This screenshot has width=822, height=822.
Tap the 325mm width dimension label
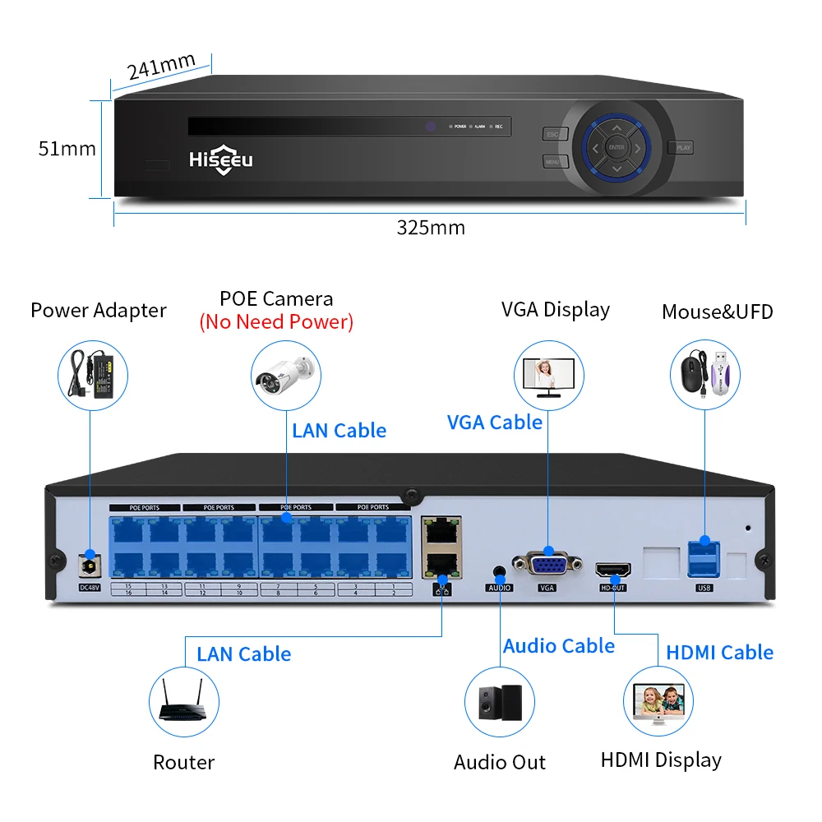pyautogui.click(x=431, y=228)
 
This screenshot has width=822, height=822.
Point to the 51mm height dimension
pyautogui.click(x=67, y=149)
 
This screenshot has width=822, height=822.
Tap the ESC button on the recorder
pyautogui.click(x=554, y=135)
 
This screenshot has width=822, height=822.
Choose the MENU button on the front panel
pyautogui.click(x=554, y=161)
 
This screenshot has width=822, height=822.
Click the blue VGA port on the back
pyautogui.click(x=547, y=565)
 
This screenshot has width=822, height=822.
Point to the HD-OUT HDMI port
pyautogui.click(x=613, y=569)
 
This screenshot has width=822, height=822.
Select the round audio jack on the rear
pyautogui.click(x=499, y=570)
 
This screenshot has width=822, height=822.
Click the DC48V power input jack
pyautogui.click(x=88, y=566)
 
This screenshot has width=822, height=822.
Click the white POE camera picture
pyautogui.click(x=284, y=374)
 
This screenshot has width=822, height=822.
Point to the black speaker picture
pyautogui.click(x=500, y=700)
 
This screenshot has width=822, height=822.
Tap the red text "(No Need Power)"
pyautogui.click(x=276, y=321)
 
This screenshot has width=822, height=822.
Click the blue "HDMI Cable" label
pyautogui.click(x=719, y=652)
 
